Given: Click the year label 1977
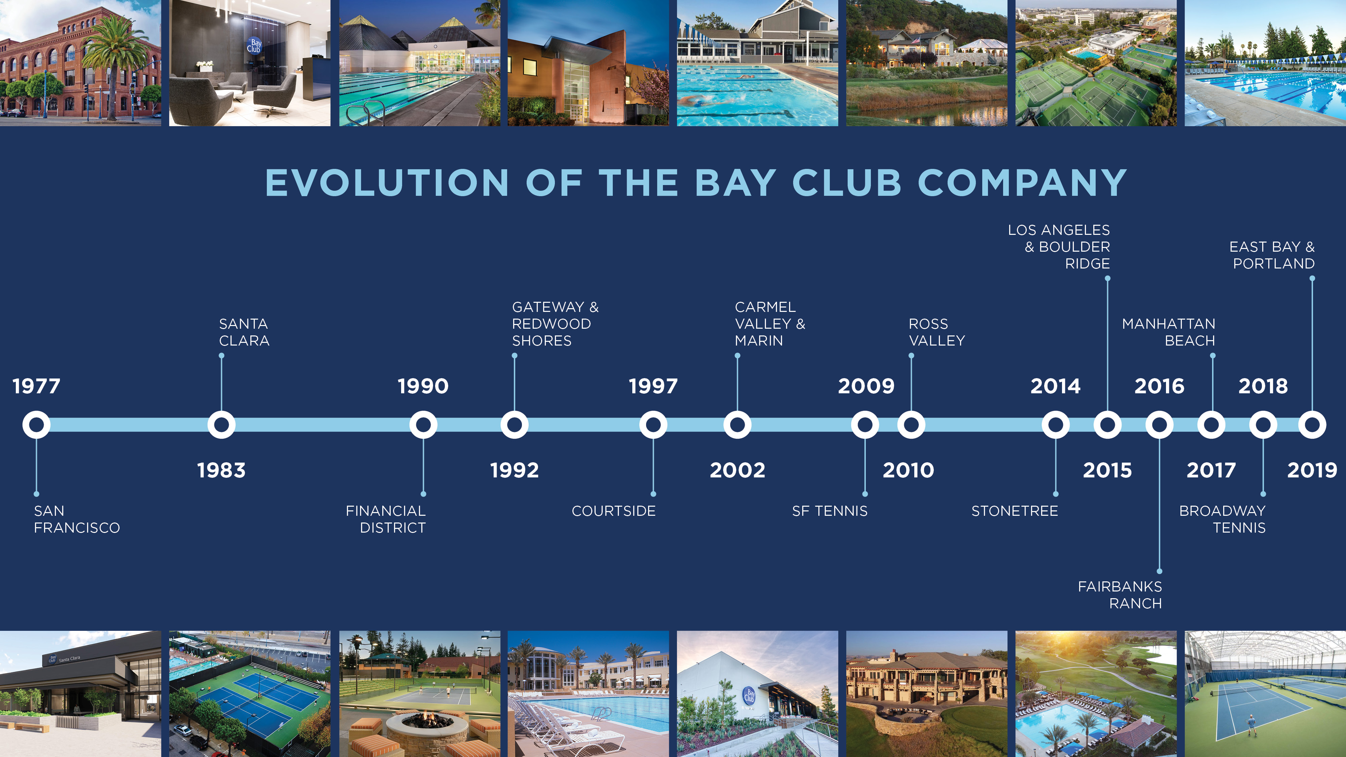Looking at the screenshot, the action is coord(37,386).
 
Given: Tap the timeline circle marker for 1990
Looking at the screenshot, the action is coord(423,425).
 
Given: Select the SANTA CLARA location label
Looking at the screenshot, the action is coord(244,332).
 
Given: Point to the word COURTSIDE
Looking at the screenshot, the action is coord(613,511).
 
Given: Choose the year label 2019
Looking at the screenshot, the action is coord(1312,470).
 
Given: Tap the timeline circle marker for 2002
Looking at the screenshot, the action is coord(737,425).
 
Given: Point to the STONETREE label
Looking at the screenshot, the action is coord(1015,511).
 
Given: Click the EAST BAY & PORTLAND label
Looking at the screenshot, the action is coord(1272,255).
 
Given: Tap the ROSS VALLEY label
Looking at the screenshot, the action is coord(937,332).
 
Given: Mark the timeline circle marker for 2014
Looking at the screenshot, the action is coord(1056,425).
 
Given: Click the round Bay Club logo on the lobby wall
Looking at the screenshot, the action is coord(254,45).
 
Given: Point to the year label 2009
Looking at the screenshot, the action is coord(866,386).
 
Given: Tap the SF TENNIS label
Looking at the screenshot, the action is coord(830,511).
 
